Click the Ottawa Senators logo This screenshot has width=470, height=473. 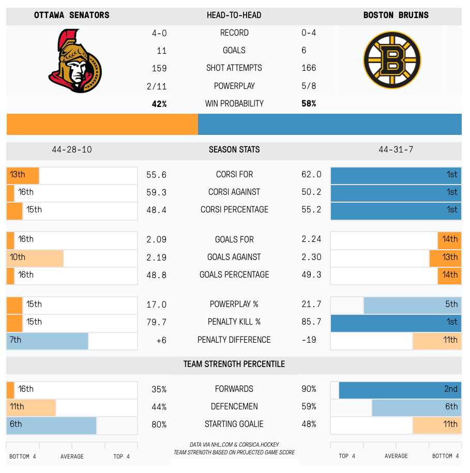pos(75,62)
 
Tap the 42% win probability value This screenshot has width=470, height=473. pos(159,103)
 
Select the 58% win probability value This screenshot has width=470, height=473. pos(309,103)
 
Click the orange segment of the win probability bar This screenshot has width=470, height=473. pos(102,125)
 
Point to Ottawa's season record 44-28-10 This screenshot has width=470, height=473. pos(72,149)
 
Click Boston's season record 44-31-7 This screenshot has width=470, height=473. pos(396,149)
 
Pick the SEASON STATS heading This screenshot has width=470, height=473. pos(234,149)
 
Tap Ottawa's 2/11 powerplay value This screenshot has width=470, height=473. pos(157,86)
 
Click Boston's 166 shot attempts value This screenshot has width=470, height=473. pos(309,68)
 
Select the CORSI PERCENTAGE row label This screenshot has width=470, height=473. pos(234,209)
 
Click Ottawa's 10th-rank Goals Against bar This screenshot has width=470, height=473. pos(35,257)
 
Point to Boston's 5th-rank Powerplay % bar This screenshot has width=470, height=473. pos(412,304)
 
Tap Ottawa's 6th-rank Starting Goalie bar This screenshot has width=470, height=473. pos(51,424)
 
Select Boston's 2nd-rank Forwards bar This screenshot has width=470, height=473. pos(400,389)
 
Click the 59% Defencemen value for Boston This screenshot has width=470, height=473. pos(309,407)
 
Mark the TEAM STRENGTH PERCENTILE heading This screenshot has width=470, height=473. pos(234,364)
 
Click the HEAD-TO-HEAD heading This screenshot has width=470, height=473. pos(234,15)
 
